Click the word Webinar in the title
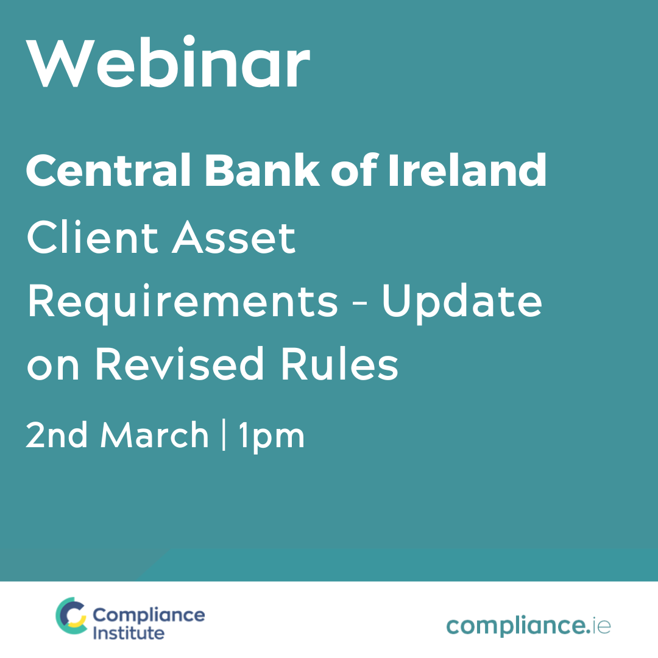pyautogui.click(x=168, y=62)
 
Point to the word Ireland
pyautogui.click(x=467, y=170)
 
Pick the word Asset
pyautogui.click(x=234, y=238)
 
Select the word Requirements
pyautogui.click(x=183, y=303)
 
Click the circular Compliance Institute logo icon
pyautogui.click(x=71, y=615)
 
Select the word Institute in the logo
pyautogui.click(x=129, y=633)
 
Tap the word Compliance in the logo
pyautogui.click(x=149, y=615)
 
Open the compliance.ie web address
pyautogui.click(x=528, y=626)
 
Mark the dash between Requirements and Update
pyautogui.click(x=359, y=305)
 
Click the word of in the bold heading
pyautogui.click(x=354, y=170)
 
